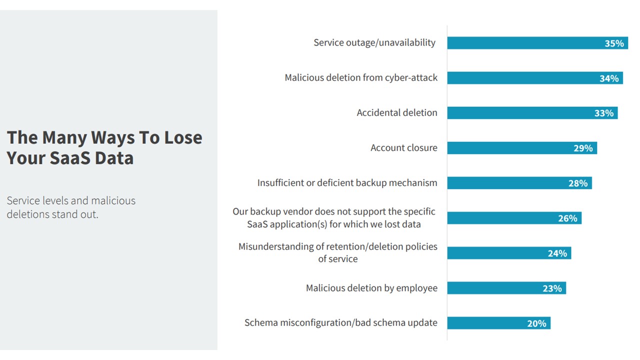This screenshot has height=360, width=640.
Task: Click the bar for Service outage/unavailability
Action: [520, 43]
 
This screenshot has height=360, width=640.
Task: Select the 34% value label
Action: [609, 78]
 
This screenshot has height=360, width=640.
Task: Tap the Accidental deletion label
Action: [396, 113]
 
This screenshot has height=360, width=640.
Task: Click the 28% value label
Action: [577, 183]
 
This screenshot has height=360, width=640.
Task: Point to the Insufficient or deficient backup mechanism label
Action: [347, 183]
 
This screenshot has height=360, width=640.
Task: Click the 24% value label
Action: [557, 253]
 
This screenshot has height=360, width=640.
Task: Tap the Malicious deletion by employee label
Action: [371, 288]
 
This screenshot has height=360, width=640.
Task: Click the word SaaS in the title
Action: [70, 158]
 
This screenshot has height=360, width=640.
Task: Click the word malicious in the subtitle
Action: [111, 201]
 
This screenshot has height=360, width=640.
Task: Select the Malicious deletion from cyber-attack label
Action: [361, 78]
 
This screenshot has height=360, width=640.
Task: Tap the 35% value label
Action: [614, 43]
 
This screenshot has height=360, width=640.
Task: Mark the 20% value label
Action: [536, 323]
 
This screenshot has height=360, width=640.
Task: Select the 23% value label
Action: [552, 288]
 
